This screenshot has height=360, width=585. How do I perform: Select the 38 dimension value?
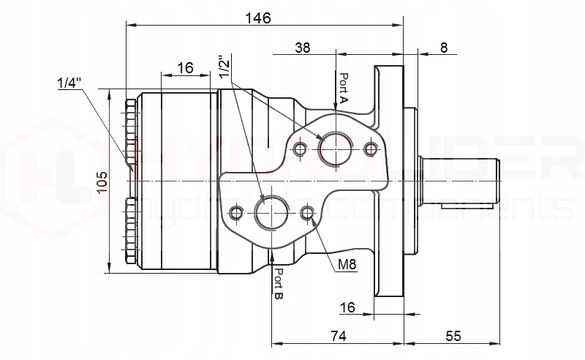(x=303, y=48)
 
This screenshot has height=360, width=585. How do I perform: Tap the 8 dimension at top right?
(x=444, y=48)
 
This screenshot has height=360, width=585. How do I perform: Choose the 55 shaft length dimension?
(x=453, y=336)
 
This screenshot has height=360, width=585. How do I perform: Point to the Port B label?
(x=279, y=284)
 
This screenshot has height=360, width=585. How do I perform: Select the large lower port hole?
(x=271, y=214)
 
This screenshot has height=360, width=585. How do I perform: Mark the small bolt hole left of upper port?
(x=299, y=149)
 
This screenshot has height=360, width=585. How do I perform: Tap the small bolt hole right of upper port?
(x=371, y=149)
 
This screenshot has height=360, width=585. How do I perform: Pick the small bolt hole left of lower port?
(x=235, y=214)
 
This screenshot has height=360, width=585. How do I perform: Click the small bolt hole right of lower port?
(x=307, y=214)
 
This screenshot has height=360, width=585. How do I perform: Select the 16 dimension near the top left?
(x=185, y=68)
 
